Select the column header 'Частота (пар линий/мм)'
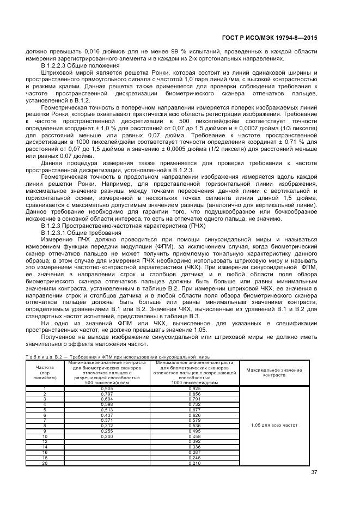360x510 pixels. (x=45, y=373)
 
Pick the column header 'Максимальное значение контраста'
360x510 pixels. (x=274, y=373)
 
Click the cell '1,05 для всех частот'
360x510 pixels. (x=274, y=424)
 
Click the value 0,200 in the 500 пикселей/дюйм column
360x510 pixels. (x=107, y=436)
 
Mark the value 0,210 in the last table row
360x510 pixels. (x=194, y=463)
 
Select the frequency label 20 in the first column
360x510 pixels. (x=45, y=463)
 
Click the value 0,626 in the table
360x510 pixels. (x=194, y=415)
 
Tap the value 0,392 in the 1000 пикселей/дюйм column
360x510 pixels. (x=194, y=441)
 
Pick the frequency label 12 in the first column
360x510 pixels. (x=45, y=441)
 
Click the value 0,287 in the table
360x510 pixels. (x=194, y=452)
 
